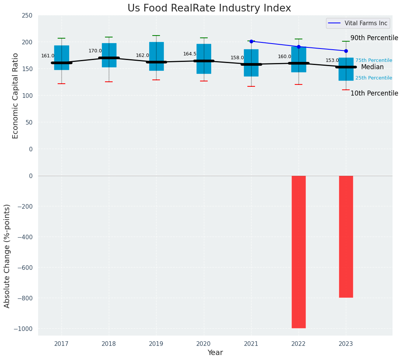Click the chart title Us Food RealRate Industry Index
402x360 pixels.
[209, 8]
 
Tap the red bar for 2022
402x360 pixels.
[299, 251]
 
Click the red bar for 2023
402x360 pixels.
[346, 236]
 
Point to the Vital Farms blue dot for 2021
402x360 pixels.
[251, 41]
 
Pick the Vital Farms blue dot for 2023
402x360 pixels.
[346, 51]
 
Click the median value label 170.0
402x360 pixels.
[95, 51]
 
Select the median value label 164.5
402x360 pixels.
[190, 54]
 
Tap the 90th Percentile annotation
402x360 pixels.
[374, 38]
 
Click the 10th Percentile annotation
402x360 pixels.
[374, 93]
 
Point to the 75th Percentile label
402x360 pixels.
[373, 60]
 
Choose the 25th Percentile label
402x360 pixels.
[373, 78]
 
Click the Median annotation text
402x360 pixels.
[372, 67]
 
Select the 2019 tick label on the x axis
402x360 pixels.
[156, 344]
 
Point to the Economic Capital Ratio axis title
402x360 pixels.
[16, 96]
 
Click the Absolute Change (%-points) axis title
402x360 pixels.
[7, 256]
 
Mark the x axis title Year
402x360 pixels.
[215, 353]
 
